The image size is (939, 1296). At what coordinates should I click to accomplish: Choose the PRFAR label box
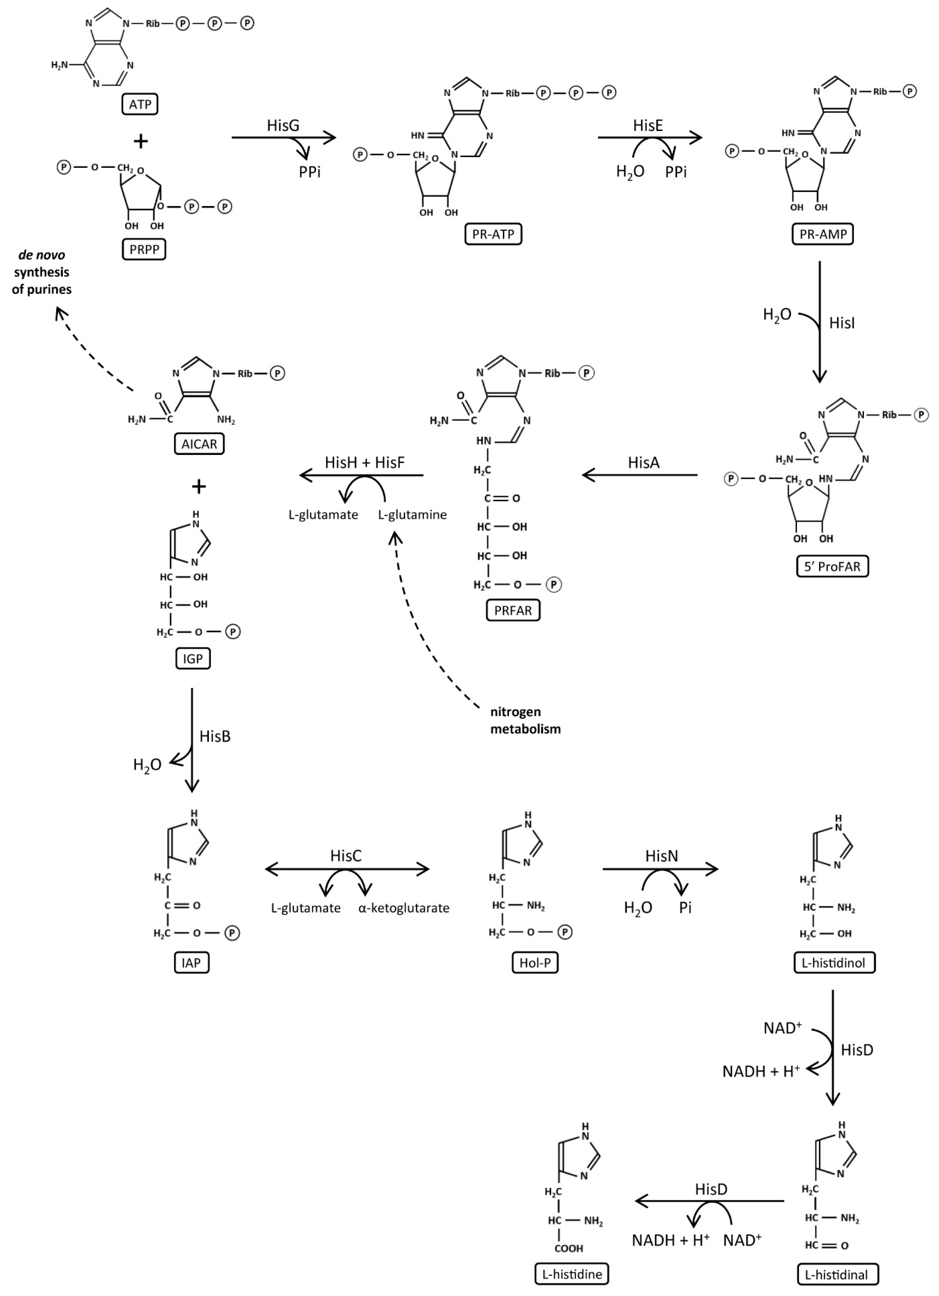[x=513, y=610]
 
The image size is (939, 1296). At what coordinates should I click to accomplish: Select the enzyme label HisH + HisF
[x=364, y=462]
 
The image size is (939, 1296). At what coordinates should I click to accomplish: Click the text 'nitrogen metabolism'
[x=525, y=720]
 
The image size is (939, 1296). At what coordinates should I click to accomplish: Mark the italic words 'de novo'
[x=42, y=255]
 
